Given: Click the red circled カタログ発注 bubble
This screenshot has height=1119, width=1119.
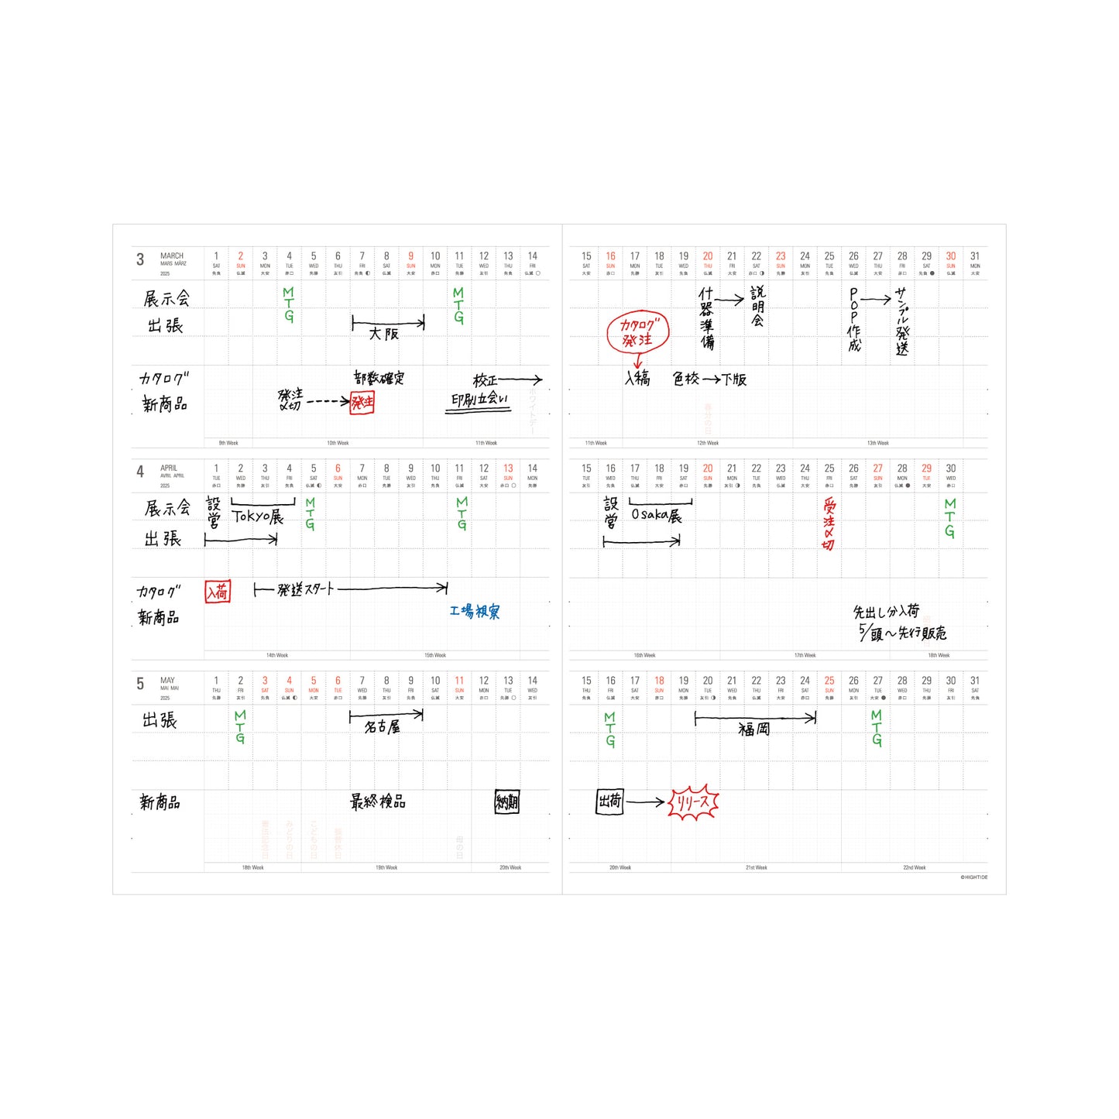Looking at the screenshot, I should [x=637, y=332].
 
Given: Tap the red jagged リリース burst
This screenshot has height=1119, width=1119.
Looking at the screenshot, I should [x=693, y=803].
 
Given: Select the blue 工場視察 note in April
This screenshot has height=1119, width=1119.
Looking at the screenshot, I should [x=475, y=612].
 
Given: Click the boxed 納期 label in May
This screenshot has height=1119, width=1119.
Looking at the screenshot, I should [x=507, y=802].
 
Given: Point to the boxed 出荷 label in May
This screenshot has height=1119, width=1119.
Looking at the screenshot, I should [x=609, y=801].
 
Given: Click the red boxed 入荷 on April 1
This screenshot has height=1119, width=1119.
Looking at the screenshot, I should [x=217, y=592].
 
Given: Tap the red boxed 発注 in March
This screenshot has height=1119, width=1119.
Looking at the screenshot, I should [x=362, y=402].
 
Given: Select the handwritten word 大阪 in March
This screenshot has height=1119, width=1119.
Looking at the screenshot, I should [x=383, y=334].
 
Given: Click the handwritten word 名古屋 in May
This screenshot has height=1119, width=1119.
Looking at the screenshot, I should [x=383, y=727].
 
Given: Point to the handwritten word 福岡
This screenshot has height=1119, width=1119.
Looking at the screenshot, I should [x=753, y=729].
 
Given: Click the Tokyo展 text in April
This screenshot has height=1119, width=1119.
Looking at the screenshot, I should [x=258, y=517].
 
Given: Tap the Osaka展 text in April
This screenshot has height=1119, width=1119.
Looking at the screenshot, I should [x=656, y=516].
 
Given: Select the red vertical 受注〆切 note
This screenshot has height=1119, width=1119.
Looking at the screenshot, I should [x=829, y=524].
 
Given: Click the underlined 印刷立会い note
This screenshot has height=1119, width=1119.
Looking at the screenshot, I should [x=479, y=400].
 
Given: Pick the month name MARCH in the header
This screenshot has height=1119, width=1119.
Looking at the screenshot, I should [x=172, y=256].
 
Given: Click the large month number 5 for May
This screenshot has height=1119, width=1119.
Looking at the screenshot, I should [x=140, y=684].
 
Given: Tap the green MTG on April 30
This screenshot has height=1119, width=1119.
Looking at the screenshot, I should [x=950, y=518].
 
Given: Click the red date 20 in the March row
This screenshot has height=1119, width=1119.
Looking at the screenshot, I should [x=708, y=256].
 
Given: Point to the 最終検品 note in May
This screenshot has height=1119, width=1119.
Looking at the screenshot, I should [x=378, y=801].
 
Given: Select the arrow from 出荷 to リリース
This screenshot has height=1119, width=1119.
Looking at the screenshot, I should [x=645, y=802].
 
